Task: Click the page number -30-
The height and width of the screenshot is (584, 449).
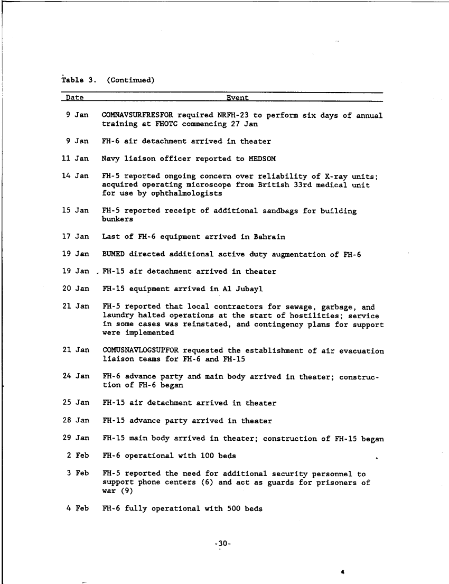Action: click(x=224, y=543)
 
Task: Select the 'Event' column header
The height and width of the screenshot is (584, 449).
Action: click(x=238, y=98)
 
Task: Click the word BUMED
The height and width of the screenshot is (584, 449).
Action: click(x=113, y=254)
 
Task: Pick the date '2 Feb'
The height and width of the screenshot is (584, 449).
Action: click(x=78, y=456)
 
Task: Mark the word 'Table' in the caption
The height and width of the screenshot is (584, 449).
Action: click(x=73, y=80)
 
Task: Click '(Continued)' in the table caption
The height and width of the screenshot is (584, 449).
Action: click(x=130, y=80)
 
